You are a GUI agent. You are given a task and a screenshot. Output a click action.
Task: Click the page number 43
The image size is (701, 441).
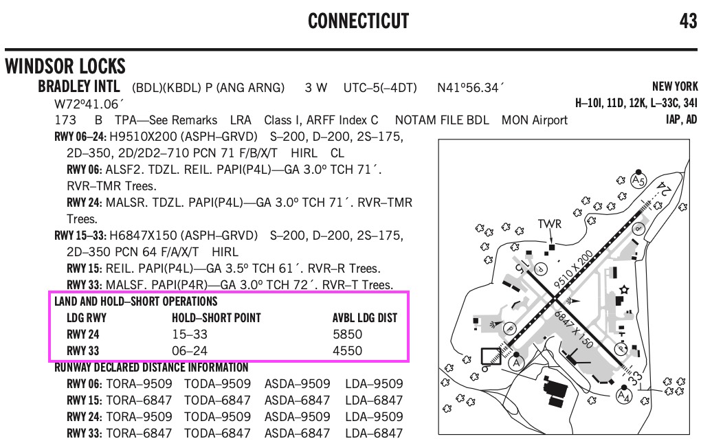point(688,21)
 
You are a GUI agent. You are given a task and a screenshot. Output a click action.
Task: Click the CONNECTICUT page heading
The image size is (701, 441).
point(359,21)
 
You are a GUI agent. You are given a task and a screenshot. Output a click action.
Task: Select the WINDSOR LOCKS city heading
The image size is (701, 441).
point(65,66)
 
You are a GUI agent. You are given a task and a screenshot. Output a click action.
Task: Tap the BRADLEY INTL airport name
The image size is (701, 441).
point(78,87)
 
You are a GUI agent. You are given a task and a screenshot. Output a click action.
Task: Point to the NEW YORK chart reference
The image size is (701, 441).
point(675,87)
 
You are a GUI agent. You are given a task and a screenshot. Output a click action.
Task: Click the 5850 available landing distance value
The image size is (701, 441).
point(347,335)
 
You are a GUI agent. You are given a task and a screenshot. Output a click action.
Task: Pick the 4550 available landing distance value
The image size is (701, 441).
point(347,351)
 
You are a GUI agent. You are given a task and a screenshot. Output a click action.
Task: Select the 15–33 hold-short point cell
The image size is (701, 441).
point(190,335)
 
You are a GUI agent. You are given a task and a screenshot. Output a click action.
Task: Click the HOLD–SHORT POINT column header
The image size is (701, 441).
point(216,317)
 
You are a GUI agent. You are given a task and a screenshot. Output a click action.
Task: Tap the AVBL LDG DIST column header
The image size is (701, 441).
point(365,317)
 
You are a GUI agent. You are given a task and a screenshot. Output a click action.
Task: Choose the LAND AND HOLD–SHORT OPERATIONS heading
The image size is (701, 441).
point(136,301)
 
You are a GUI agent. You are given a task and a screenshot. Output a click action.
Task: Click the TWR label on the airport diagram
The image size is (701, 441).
point(549,223)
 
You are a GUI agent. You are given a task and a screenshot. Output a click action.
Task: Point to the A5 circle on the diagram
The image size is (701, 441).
point(638,181)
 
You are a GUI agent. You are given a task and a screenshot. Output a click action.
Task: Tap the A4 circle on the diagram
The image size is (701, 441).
point(623,396)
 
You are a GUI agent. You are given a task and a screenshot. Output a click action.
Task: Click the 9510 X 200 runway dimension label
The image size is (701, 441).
point(573,269)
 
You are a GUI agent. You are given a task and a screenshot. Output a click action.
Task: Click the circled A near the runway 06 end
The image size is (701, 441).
point(517,362)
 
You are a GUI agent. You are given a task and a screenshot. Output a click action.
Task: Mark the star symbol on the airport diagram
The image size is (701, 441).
point(624,289)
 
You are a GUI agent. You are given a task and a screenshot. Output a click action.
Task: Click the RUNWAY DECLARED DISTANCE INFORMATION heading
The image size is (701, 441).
point(151,367)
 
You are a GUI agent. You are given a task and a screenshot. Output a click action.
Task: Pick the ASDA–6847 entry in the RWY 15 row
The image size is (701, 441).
point(298,400)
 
